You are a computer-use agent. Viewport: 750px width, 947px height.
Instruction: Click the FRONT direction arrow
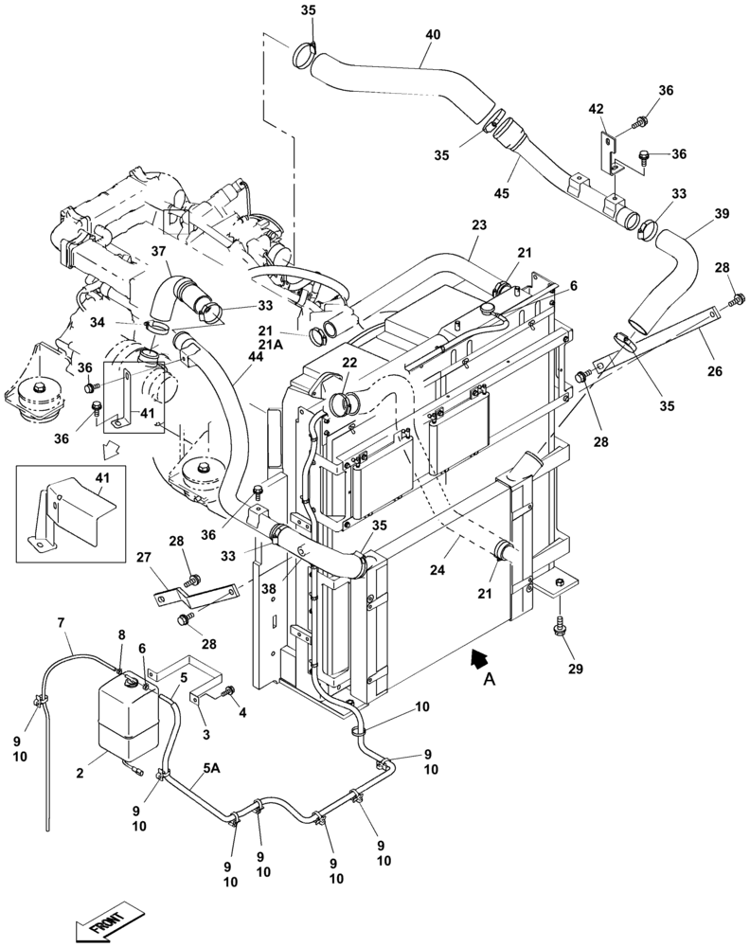105,919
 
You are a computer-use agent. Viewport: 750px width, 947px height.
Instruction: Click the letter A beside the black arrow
488,678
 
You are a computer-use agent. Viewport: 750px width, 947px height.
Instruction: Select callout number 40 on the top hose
432,34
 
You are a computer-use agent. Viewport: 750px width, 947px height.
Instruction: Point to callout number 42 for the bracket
596,110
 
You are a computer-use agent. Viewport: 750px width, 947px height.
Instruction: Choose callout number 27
145,558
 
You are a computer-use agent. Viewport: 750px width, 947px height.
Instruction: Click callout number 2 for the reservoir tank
80,774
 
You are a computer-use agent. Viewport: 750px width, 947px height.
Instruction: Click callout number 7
62,622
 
